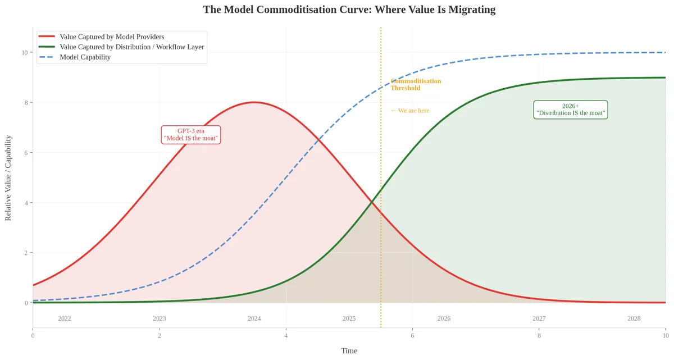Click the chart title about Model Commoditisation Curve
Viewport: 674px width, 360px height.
349,10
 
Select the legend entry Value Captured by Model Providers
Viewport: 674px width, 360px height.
112,37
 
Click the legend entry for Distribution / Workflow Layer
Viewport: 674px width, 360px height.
131,47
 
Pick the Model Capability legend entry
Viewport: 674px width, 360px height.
85,57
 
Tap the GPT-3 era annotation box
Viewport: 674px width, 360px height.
191,134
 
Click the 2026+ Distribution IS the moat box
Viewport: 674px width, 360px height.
571,110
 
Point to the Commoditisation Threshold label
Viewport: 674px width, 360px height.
416,84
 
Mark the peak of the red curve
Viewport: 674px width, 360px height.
254,102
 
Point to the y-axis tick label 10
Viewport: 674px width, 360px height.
24,52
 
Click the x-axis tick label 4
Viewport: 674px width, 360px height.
286,336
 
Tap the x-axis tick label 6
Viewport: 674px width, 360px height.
412,336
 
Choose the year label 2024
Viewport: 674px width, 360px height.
254,318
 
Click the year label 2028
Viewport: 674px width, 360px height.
634,318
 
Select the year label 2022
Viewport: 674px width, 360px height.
65,318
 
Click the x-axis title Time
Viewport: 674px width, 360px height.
349,351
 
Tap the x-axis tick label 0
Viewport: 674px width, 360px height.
33,336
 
